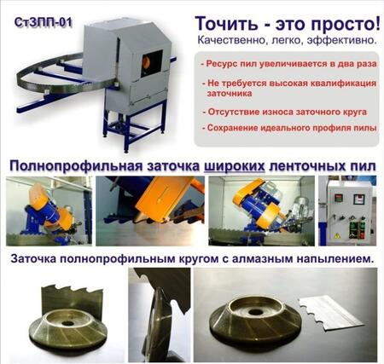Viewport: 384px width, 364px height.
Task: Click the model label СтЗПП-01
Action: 43,23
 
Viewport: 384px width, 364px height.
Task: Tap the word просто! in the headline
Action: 346,24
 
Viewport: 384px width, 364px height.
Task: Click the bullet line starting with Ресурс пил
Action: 288,63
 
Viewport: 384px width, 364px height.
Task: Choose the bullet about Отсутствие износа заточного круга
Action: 284,112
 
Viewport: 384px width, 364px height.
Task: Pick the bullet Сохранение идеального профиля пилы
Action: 289,128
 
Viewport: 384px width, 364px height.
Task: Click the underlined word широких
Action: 235,167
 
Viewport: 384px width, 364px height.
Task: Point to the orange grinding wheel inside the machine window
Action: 147,64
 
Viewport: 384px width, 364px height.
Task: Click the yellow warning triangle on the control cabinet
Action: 337,235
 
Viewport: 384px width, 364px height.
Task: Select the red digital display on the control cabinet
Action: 338,198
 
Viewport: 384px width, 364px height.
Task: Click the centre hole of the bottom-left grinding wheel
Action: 68,323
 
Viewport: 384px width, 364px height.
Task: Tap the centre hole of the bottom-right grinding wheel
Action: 255,312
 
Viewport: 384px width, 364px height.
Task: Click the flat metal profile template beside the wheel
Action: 330,313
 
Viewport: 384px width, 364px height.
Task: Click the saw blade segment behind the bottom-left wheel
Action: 72,301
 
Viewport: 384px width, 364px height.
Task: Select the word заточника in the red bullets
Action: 230,94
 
